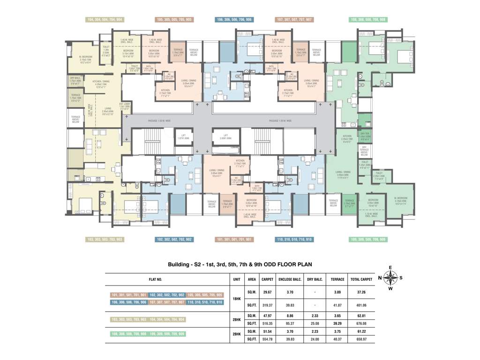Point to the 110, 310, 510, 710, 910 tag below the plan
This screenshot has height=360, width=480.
pyautogui.click(x=294, y=240)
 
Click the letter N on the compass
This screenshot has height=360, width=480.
pyautogui.click(x=380, y=277)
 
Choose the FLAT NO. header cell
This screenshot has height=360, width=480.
pyautogui.click(x=156, y=279)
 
